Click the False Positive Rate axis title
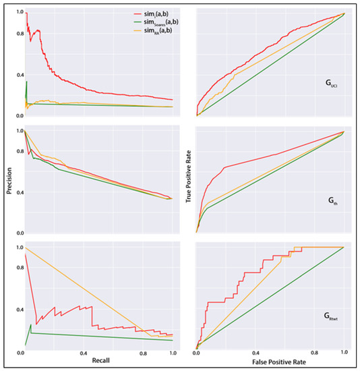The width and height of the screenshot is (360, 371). pos(270,362)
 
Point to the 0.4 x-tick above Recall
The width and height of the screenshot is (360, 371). pos(84,353)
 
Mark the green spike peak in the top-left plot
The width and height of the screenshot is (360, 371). pos(26,82)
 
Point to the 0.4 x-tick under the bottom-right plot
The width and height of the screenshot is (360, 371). pos(256,353)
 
